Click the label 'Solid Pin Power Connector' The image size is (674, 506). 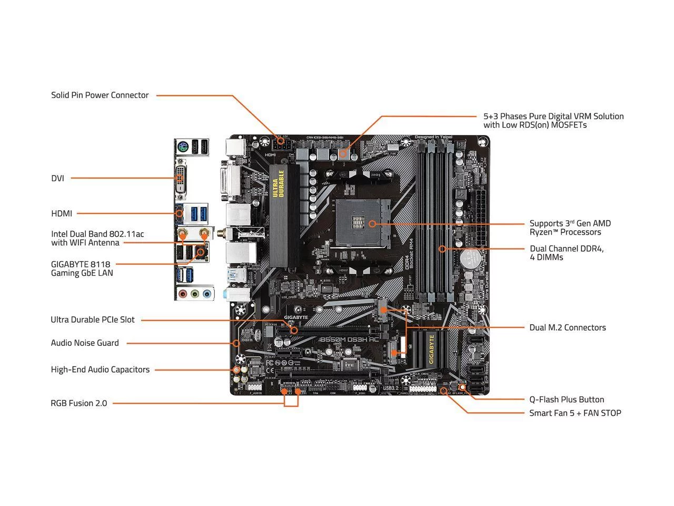click(100, 95)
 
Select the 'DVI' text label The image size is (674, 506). click(57, 179)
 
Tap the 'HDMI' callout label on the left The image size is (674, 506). click(62, 213)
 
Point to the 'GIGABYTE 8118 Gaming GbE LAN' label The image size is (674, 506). click(82, 268)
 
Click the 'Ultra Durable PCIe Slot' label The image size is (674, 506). click(93, 320)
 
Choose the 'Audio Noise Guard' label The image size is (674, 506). click(85, 343)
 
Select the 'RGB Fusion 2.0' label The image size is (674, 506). click(78, 403)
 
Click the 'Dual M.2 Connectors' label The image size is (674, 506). click(567, 328)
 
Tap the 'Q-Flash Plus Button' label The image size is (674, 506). click(566, 400)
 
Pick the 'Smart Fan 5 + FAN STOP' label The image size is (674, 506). click(574, 413)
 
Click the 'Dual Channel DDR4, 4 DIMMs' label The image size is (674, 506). click(566, 253)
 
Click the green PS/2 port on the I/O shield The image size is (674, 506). click(181, 148)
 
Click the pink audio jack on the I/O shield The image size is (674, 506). click(182, 294)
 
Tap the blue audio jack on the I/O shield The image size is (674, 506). click(207, 294)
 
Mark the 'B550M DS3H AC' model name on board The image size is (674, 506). click(349, 340)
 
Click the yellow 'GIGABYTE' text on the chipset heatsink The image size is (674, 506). click(431, 349)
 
